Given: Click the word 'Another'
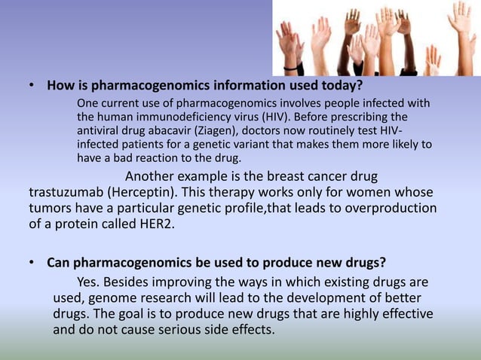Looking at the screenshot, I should click(152, 177).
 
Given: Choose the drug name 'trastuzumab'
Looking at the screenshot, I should click(65, 192).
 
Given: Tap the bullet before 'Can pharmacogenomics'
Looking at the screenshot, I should click(32, 264).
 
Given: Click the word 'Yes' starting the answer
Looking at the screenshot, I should click(87, 282).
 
